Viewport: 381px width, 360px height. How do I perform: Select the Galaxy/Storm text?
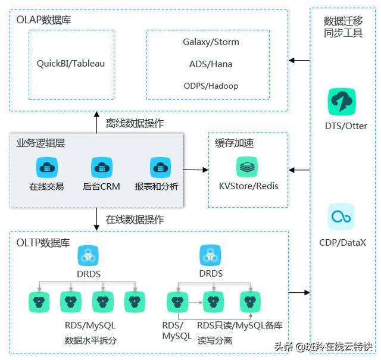[211, 42]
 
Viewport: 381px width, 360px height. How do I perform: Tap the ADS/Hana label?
[211, 64]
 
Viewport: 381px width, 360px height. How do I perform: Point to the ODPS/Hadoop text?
[211, 86]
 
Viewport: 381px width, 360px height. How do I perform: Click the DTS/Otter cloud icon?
[342, 102]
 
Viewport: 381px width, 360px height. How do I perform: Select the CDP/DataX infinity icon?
[342, 217]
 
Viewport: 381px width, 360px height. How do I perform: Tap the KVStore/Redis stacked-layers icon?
[248, 167]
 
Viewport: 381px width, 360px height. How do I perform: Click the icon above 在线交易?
[46, 168]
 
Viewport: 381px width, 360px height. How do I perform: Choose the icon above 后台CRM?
[101, 168]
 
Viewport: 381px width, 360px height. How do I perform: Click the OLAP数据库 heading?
[44, 20]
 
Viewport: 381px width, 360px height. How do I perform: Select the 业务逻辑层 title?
[39, 143]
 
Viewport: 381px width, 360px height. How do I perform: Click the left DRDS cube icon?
[88, 255]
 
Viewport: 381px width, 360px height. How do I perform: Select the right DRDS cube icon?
[211, 255]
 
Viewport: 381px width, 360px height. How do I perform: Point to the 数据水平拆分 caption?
[90, 341]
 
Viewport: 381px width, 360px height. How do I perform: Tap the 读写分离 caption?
[215, 341]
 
